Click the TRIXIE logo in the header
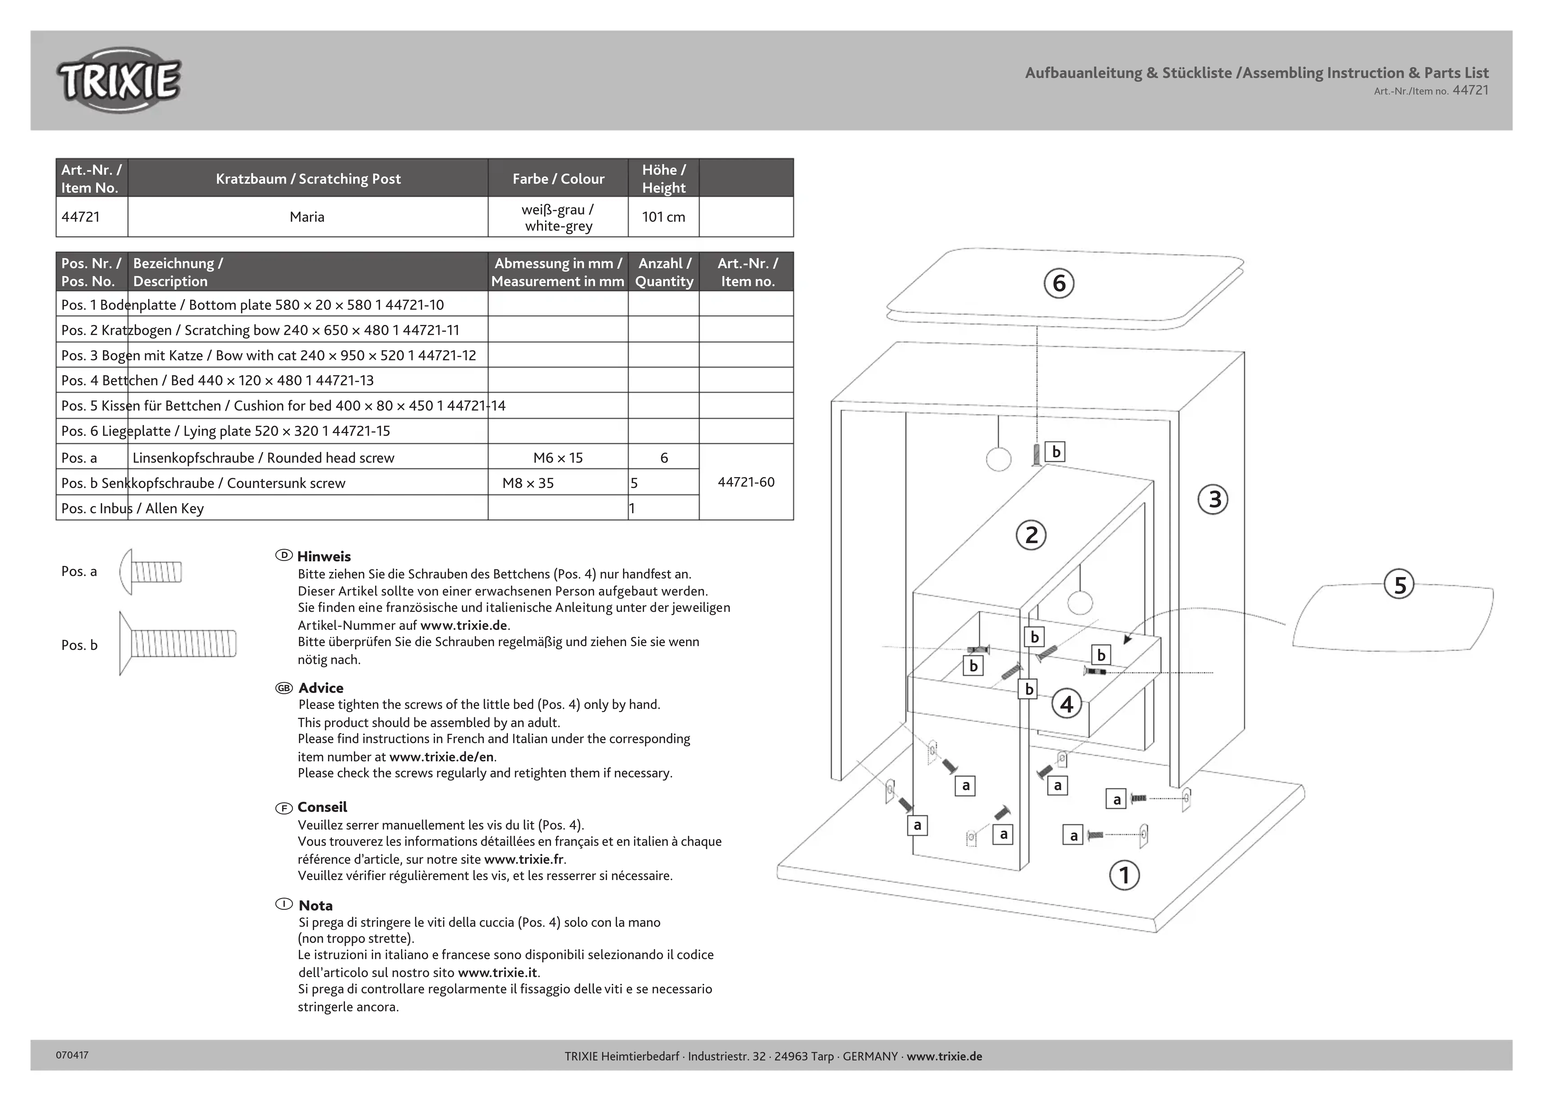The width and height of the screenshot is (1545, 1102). tap(119, 80)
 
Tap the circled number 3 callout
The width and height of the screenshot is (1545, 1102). tap(1213, 499)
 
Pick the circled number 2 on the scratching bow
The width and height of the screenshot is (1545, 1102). tap(1031, 536)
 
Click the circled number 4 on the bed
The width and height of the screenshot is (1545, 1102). tap(1066, 704)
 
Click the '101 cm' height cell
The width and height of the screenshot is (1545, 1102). tap(663, 217)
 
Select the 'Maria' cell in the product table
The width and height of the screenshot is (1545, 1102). tap(307, 217)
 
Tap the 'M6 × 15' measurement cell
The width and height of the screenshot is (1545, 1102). tap(557, 458)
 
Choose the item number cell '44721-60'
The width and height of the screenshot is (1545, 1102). tap(746, 483)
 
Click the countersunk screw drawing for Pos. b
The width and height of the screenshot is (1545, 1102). tap(178, 643)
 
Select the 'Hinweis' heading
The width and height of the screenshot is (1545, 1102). tap(324, 556)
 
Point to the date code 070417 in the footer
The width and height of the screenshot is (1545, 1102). tap(72, 1055)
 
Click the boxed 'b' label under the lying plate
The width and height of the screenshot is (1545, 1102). tap(1055, 452)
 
